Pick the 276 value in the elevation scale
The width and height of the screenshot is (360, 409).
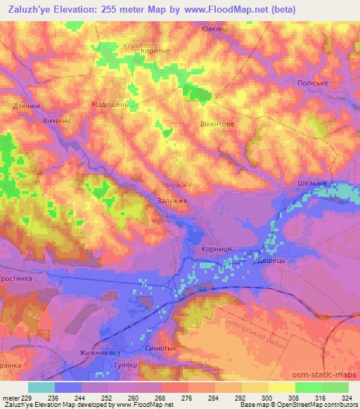pos(188,397)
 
